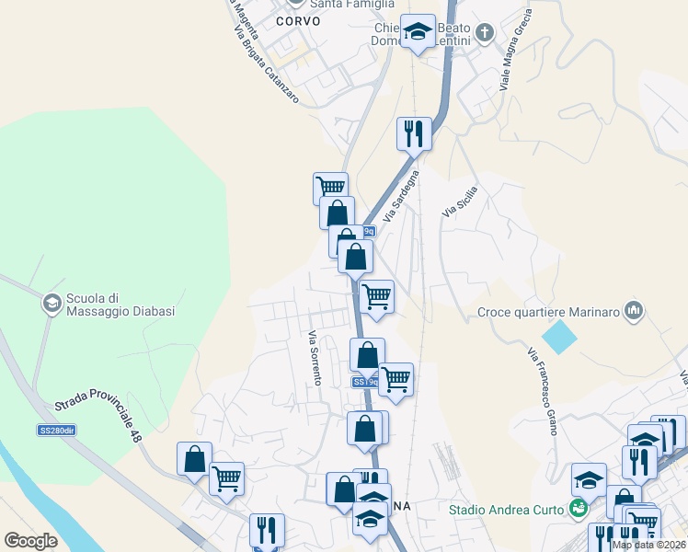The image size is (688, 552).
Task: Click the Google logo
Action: (30, 540)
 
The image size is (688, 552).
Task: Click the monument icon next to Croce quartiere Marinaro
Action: (633, 312)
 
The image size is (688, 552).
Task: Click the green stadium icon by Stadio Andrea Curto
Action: (579, 508)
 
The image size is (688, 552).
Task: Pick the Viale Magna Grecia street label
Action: (516, 51)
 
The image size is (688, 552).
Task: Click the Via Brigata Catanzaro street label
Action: (266, 63)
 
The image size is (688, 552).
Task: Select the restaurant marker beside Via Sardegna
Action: (414, 133)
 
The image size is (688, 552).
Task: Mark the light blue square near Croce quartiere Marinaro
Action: (560, 338)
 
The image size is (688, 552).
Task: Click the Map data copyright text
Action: (648, 545)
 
